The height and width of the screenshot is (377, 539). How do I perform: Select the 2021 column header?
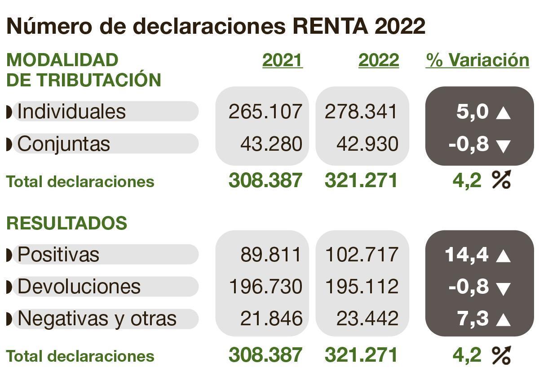(283, 60)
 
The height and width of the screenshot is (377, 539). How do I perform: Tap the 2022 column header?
(379, 60)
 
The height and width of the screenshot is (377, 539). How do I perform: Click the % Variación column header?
(477, 60)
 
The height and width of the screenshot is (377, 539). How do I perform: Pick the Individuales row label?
(72, 111)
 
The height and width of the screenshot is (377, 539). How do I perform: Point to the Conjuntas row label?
(64, 144)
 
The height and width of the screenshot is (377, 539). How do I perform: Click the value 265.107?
(265, 112)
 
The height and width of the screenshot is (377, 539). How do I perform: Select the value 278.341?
(361, 112)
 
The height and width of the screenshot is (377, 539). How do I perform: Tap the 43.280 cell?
(271, 144)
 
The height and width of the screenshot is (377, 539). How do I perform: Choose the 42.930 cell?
(367, 144)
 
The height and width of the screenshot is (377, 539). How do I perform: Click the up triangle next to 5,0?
(503, 113)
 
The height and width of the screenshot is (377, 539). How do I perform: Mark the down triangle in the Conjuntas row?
(503, 146)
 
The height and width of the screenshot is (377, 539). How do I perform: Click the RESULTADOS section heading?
(67, 223)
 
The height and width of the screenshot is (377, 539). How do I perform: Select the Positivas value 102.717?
(361, 255)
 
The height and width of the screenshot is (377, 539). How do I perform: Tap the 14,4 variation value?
(467, 255)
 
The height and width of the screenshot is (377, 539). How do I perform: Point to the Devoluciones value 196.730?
(265, 287)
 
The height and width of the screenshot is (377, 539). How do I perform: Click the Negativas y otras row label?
(97, 319)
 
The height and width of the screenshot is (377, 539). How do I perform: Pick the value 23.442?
(367, 319)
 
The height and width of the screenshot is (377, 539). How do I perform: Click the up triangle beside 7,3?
(503, 320)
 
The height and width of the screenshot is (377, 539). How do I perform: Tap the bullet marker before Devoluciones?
(9, 287)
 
